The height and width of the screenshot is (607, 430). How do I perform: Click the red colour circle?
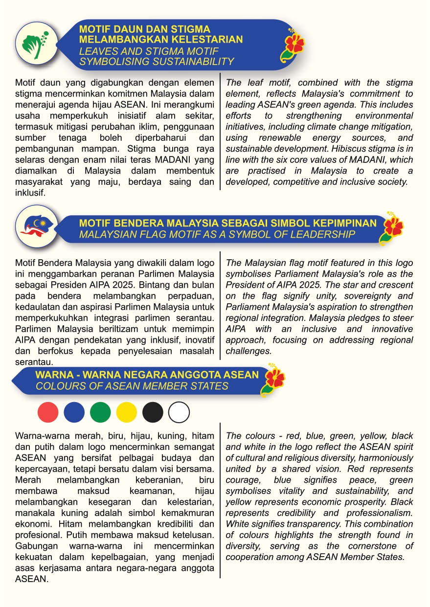click(48, 412)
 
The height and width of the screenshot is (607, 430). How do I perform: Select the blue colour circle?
click(74, 412)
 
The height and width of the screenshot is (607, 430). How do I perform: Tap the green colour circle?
click(100, 412)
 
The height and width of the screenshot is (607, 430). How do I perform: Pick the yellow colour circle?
click(127, 412)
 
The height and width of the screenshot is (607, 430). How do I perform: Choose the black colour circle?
click(153, 412)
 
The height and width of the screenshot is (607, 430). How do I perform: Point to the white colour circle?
click(179, 412)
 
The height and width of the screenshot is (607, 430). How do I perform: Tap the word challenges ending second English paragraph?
click(248, 351)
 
